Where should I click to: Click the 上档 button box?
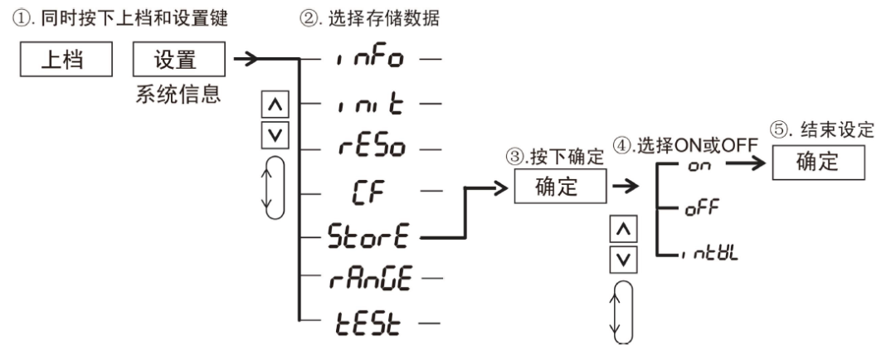click(x=64, y=61)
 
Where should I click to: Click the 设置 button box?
click(x=178, y=61)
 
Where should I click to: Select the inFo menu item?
click(x=371, y=61)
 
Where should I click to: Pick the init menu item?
click(x=371, y=105)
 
